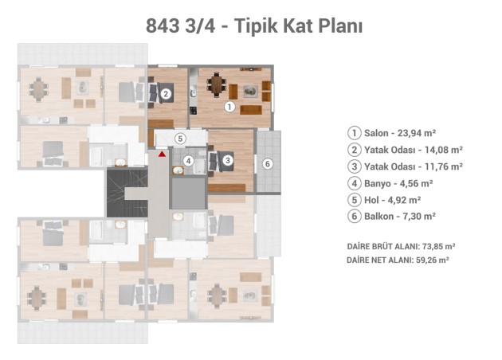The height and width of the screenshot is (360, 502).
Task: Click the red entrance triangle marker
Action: click(163, 154)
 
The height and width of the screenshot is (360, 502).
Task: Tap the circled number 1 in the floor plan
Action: click(229, 107)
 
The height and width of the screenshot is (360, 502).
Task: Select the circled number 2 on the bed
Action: click(166, 94)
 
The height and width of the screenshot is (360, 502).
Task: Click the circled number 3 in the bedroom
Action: click(228, 160)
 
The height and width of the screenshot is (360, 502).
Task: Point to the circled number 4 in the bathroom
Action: click(189, 161)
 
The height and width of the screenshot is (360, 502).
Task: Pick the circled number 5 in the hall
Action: click(180, 139)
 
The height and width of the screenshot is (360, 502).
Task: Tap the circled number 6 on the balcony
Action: click(268, 164)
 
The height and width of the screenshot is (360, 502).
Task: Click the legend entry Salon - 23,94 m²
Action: click(400, 133)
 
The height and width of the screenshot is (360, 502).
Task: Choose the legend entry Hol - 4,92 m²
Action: click(393, 200)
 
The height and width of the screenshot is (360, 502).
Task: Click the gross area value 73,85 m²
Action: click(438, 246)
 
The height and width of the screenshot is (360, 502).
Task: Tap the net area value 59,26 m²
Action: click(432, 260)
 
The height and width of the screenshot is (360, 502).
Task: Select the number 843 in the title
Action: click(163, 26)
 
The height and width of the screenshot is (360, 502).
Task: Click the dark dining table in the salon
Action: click(218, 84)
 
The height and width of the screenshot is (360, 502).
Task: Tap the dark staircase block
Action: click(127, 194)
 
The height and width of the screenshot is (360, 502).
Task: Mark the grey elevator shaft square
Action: click(189, 194)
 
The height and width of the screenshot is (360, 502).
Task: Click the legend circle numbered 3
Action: click(355, 166)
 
